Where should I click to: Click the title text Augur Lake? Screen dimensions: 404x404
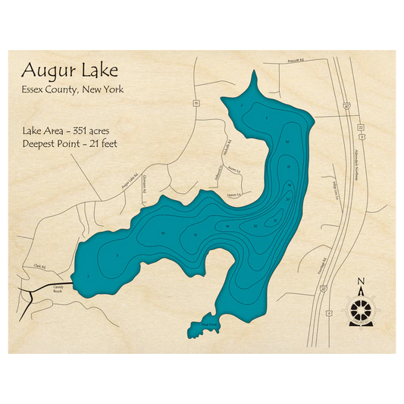pos(70,70)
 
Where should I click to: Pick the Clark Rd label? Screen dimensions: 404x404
pos(40,266)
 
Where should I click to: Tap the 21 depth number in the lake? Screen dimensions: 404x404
pos(274,220)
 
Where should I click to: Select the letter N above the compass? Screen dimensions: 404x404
pos(361,282)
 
